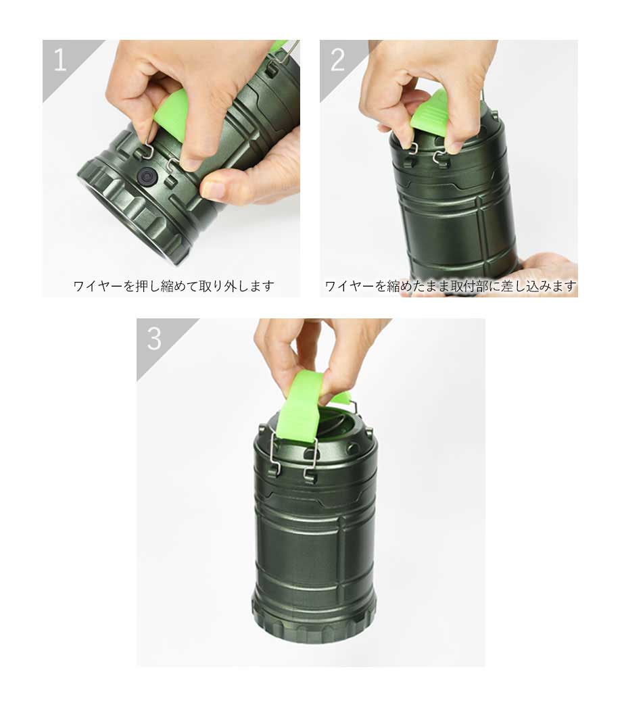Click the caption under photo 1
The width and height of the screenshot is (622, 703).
[174, 286]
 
